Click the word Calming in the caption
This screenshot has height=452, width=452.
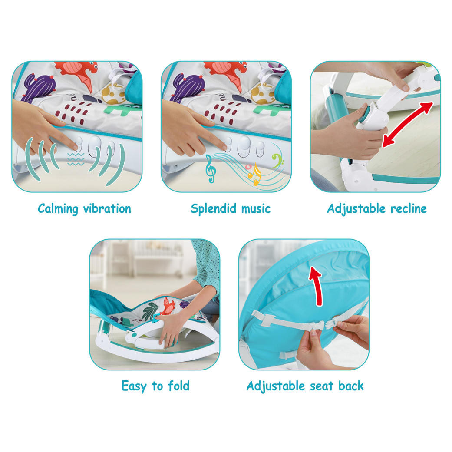[58, 209]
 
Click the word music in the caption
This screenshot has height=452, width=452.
[256, 209]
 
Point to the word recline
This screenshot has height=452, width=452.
[409, 209]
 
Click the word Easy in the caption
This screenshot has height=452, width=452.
[134, 386]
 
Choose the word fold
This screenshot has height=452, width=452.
[179, 386]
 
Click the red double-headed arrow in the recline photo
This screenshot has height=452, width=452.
[408, 125]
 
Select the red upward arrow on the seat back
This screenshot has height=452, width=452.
[317, 285]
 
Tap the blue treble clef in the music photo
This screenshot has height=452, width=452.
[211, 169]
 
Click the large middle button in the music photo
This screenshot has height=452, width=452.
[244, 146]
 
